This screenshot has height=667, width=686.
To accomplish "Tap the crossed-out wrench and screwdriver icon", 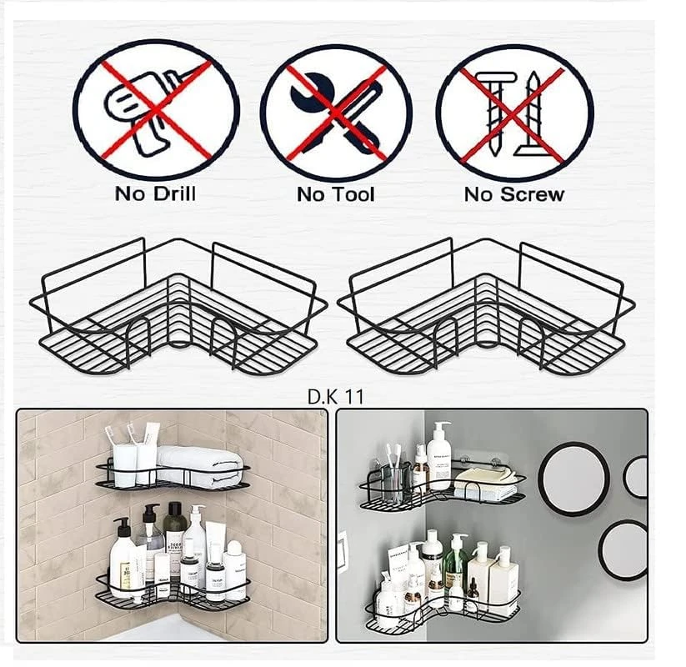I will [x=336, y=112].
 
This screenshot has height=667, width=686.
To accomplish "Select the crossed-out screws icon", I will [x=514, y=113].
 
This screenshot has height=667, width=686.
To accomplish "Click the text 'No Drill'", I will [x=155, y=194].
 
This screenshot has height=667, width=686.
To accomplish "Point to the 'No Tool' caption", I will [x=336, y=194].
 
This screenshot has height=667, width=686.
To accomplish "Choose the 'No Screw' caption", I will [x=514, y=194].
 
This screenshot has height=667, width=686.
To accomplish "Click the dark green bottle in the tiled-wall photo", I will [x=173, y=534].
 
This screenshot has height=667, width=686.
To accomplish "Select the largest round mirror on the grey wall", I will [x=573, y=478].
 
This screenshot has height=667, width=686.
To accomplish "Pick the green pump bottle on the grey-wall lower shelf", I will [x=454, y=562].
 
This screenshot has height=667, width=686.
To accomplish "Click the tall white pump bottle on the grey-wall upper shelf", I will [x=439, y=454].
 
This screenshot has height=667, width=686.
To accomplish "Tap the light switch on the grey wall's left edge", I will [x=342, y=550].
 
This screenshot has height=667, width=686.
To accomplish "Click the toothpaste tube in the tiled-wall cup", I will [x=151, y=450].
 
